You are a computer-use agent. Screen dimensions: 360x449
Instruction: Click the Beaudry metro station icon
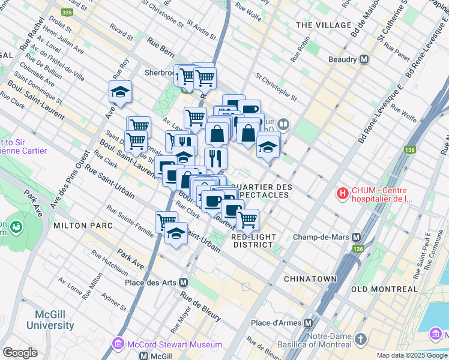click(x=364, y=59)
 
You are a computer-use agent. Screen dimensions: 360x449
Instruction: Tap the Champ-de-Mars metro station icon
click(x=357, y=237)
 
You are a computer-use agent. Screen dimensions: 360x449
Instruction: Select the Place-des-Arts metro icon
click(x=184, y=282)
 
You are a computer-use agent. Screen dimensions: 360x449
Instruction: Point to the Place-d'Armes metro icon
click(x=309, y=323)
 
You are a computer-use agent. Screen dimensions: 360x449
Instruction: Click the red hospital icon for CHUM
click(x=342, y=193)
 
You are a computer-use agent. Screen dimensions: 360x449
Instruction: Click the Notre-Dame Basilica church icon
click(x=360, y=340)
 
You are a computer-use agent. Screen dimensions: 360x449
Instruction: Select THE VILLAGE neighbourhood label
click(x=324, y=25)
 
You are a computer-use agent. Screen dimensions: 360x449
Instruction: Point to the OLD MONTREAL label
click(x=384, y=289)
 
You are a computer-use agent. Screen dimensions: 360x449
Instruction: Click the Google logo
click(x=20, y=353)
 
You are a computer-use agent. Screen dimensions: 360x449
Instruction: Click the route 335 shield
click(x=67, y=12)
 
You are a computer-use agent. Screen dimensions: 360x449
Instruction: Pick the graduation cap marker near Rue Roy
click(x=121, y=92)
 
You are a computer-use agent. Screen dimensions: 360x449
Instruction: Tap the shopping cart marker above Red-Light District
click(x=247, y=220)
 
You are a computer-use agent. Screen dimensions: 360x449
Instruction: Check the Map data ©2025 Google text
click(x=411, y=355)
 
